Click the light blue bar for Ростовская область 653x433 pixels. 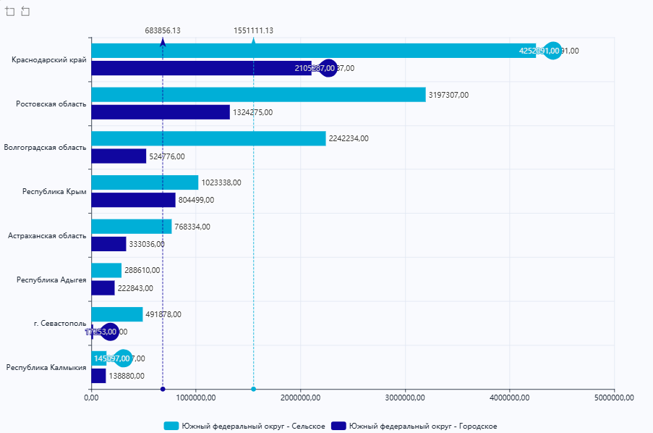258,95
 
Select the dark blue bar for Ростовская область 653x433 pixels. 161,112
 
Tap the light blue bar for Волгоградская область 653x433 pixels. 208,138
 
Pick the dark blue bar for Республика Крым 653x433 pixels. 133,200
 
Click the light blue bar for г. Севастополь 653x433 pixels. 117,314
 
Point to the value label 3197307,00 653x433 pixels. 448,95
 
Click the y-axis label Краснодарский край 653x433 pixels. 49,59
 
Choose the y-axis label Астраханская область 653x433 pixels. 47,235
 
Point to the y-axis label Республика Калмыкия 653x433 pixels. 46,367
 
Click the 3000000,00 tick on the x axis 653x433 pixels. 405,398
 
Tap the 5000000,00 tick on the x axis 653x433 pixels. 613,398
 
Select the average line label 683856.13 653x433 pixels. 163,30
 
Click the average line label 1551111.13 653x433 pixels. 253,30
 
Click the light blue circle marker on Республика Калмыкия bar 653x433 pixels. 124,358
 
